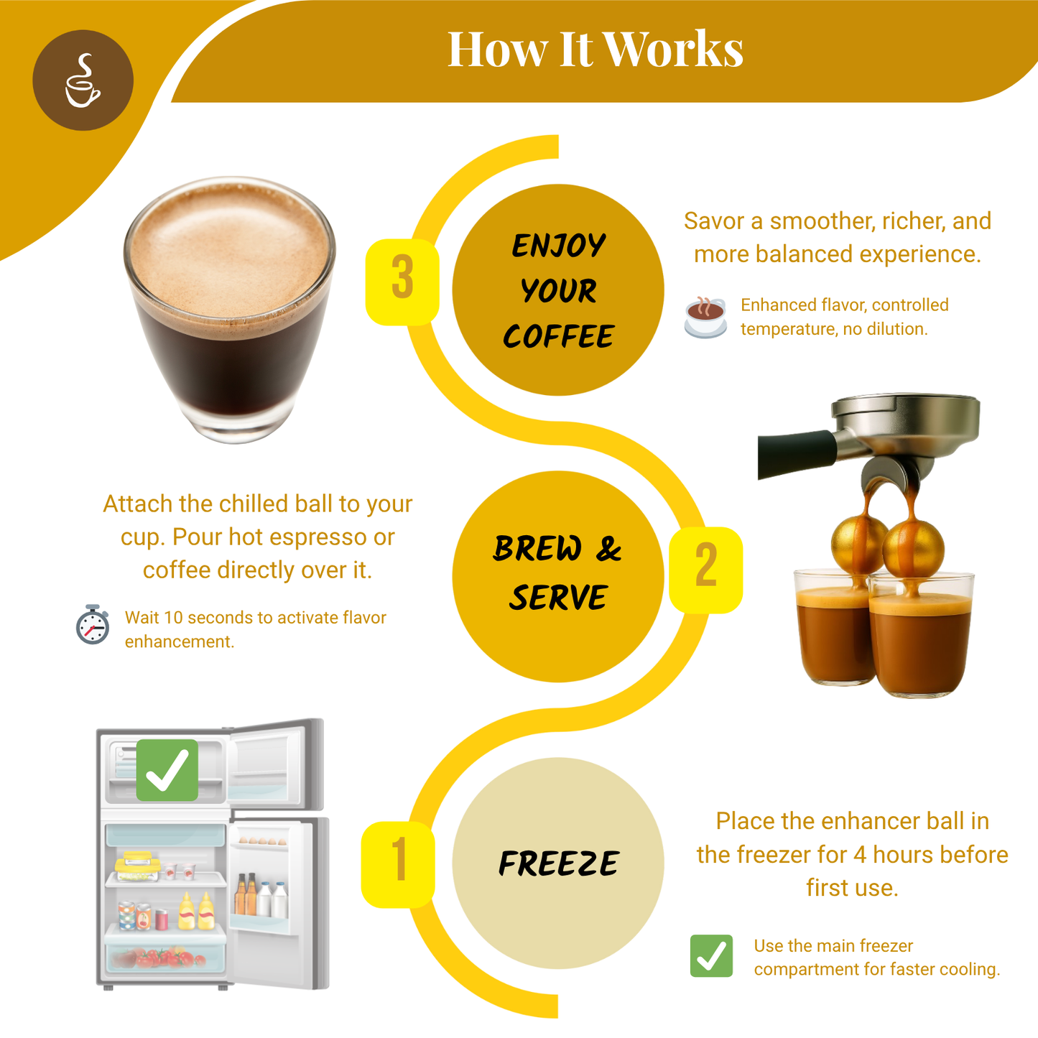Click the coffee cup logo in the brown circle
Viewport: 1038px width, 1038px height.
pyautogui.click(x=83, y=80)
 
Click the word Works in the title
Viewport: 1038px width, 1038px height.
pyautogui.click(x=672, y=50)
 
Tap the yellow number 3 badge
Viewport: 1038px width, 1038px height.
pyautogui.click(x=402, y=281)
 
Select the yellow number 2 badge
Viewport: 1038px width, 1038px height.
pyautogui.click(x=705, y=570)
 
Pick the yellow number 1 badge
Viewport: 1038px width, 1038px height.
pyautogui.click(x=398, y=864)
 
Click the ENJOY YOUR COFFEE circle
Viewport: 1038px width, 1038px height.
pyautogui.click(x=558, y=290)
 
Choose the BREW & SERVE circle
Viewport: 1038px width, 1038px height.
pyautogui.click(x=558, y=576)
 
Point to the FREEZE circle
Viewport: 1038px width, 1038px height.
pyautogui.click(x=558, y=863)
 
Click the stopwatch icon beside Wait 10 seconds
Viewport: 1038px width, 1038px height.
pyautogui.click(x=93, y=625)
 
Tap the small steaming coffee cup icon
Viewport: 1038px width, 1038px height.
pyautogui.click(x=705, y=316)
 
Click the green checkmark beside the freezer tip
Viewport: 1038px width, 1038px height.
pyautogui.click(x=711, y=956)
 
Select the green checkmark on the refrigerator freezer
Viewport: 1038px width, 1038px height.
pyautogui.click(x=167, y=770)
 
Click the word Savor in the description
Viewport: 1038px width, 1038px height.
pyautogui.click(x=714, y=221)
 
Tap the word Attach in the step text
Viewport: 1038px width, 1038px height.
pyautogui.click(x=138, y=504)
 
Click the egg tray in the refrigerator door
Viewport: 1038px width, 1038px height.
pyautogui.click(x=262, y=840)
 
